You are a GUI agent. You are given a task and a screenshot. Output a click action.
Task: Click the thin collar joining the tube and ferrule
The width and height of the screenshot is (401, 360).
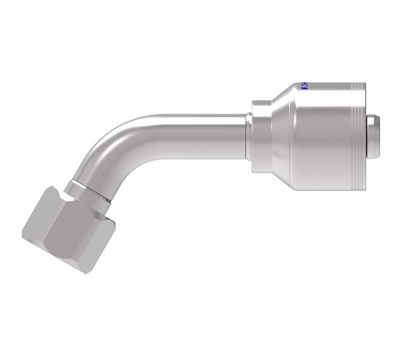point(249,137)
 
